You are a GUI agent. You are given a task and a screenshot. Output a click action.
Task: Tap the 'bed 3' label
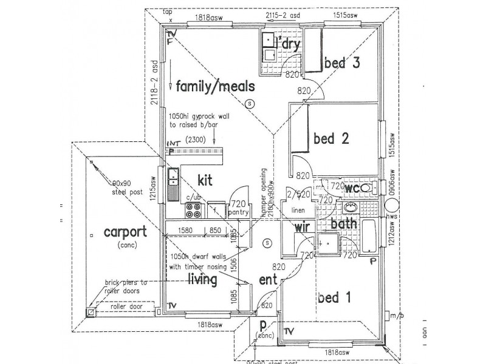pyautogui.click(x=343, y=62)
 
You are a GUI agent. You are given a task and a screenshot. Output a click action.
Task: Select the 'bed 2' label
pyautogui.click(x=331, y=139)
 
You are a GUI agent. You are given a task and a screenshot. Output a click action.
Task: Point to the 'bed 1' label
pyautogui.click(x=334, y=298)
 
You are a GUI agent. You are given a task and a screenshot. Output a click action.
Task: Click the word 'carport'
pyautogui.click(x=126, y=232)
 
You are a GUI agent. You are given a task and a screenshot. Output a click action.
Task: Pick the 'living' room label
pyautogui.click(x=202, y=279)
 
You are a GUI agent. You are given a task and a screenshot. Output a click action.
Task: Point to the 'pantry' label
pyautogui.click(x=236, y=213)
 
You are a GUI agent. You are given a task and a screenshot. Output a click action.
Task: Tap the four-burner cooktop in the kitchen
pyautogui.click(x=193, y=210)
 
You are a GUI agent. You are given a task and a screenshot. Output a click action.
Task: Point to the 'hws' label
pyautogui.click(x=392, y=216)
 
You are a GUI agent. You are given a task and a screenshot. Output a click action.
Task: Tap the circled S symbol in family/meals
pyautogui.click(x=249, y=104)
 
